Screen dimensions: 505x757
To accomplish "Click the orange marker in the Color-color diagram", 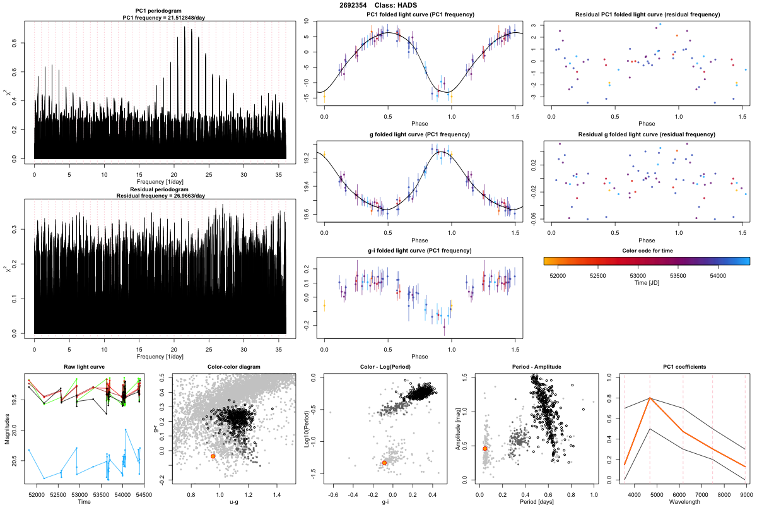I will point(213,456).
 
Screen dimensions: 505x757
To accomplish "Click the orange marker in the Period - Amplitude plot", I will point(485,448).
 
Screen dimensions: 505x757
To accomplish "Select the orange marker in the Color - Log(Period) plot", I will point(384,463).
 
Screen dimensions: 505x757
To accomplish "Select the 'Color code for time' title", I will point(647,250).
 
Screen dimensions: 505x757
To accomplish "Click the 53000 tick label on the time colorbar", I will point(638,275).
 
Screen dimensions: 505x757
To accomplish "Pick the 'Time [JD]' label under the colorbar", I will point(647,283).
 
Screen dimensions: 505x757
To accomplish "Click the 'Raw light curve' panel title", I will point(84,367).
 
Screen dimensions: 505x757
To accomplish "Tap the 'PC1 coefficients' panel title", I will point(684,367).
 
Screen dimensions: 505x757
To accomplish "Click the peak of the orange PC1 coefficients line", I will point(650,398).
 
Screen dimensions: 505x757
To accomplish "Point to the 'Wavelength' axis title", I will point(684,501).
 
